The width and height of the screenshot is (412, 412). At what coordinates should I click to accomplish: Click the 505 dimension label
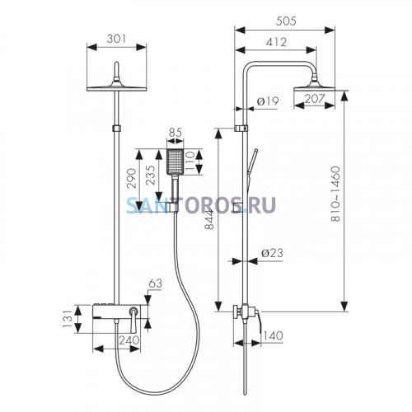point(286,21)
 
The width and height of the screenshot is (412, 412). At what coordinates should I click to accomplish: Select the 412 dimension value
point(276,42)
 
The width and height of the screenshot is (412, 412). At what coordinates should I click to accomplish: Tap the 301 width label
point(116,39)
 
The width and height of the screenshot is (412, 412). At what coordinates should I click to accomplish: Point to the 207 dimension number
point(315,99)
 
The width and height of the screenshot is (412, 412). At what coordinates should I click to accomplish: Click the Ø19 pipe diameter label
point(268,101)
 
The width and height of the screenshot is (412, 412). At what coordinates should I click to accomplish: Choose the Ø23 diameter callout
point(272,253)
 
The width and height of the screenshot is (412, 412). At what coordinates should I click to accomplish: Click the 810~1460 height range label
point(335,194)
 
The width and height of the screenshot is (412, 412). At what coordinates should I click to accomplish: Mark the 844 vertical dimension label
point(209,219)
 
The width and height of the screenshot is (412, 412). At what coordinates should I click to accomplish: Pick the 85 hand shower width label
point(176,133)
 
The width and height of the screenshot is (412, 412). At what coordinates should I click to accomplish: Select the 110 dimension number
point(190,162)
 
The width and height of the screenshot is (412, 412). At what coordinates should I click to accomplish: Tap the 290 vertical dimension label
point(132,178)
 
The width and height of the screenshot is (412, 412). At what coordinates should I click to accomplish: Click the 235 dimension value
point(151,176)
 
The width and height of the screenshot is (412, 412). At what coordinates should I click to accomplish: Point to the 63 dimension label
point(156,283)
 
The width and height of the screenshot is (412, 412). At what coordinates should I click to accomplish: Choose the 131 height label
point(67,319)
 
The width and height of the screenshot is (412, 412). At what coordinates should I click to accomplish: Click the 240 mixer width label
point(129,340)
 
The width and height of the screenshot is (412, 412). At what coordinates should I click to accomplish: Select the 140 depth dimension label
point(273,335)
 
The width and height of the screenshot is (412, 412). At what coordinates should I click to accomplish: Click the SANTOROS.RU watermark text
point(201,205)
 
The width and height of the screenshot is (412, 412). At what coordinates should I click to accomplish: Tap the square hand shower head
point(175,162)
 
